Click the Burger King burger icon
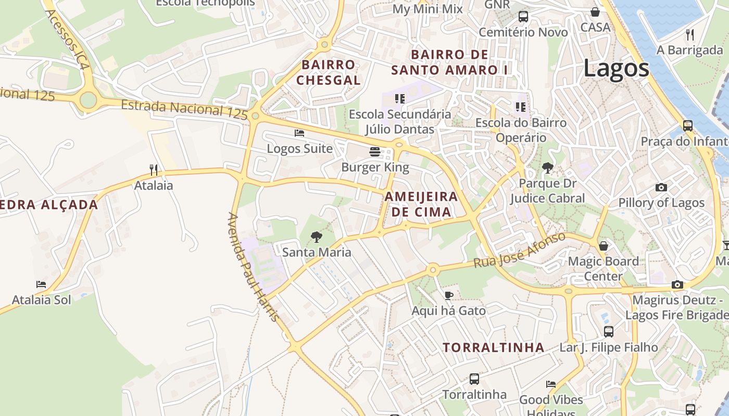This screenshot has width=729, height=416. pyautogui.click(x=374, y=152)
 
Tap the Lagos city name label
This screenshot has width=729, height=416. pyautogui.click(x=616, y=68)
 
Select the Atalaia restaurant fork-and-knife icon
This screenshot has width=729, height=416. pyautogui.click(x=154, y=170)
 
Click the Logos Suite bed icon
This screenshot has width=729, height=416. pyautogui.click(x=299, y=133)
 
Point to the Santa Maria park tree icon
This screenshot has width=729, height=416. pyautogui.click(x=316, y=237)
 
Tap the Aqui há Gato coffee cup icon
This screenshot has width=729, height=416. pyautogui.click(x=448, y=295)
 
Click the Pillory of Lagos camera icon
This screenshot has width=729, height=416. pyautogui.click(x=661, y=187)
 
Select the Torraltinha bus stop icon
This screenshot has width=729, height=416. pyautogui.click(x=474, y=379)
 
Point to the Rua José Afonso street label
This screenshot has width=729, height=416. pyautogui.click(x=519, y=250)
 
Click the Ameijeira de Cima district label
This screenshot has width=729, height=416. pyautogui.click(x=421, y=204)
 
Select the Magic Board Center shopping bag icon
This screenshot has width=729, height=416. pyautogui.click(x=603, y=245)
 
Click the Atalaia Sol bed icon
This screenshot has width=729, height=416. pyautogui.click(x=41, y=284)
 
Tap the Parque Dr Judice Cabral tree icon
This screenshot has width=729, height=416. pyautogui.click(x=547, y=167)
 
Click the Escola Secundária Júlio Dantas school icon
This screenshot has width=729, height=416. pyautogui.click(x=399, y=98)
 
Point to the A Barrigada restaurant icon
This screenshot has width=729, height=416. pyautogui.click(x=690, y=35)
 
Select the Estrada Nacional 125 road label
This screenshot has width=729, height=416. pyautogui.click(x=184, y=110)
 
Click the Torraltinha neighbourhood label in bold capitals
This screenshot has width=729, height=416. pyautogui.click(x=494, y=347)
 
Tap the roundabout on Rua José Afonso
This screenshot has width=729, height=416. pyautogui.click(x=433, y=269)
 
